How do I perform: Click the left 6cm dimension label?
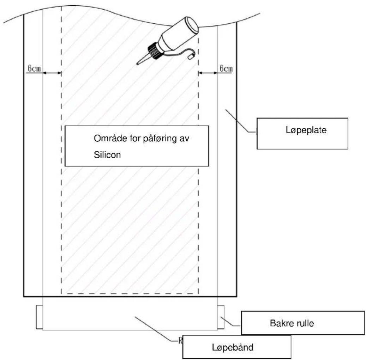(34, 68)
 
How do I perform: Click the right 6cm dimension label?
(226, 68)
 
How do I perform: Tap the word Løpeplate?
(306, 130)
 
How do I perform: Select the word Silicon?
(107, 154)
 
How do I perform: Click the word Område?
(107, 138)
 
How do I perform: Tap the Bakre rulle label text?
(292, 323)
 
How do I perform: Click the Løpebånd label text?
(233, 347)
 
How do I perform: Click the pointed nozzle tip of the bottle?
(138, 63)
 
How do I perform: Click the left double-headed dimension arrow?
(52, 73)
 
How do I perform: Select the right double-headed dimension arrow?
(208, 73)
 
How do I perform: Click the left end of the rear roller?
(40, 317)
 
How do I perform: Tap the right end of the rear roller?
(221, 317)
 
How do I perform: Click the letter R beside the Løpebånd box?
(180, 341)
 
